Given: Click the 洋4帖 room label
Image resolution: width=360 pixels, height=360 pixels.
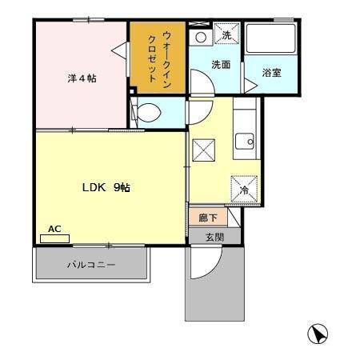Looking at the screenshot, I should [82, 78].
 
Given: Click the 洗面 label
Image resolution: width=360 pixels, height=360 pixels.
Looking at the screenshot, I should [221, 66].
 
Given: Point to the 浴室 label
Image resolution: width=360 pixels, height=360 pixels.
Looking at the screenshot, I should [272, 73].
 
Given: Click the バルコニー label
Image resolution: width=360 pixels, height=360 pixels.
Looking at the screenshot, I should [90, 263].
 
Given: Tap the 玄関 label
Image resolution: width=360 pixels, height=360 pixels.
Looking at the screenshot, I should [214, 237].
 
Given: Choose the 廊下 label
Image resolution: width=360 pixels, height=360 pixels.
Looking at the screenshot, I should [198, 216].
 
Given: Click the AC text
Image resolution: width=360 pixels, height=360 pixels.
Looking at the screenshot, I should [54, 228].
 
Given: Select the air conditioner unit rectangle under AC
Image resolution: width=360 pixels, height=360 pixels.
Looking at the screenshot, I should [54, 238].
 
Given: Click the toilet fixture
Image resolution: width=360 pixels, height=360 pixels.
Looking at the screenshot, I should [148, 112].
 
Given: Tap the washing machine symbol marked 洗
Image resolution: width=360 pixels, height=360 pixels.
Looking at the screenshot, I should [226, 35].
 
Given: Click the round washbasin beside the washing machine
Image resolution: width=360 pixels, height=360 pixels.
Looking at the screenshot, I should [200, 37].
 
